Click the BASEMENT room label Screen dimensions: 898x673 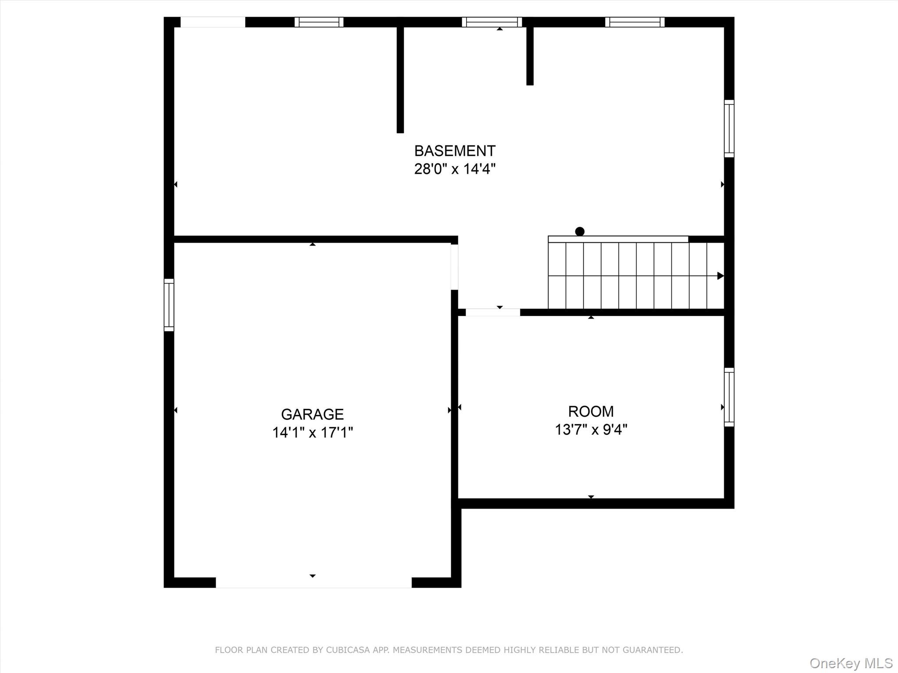pos(455,151)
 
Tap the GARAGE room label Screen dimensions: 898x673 pos(312,414)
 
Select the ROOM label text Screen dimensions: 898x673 pos(591,411)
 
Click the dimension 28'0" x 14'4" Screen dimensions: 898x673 pos(455,169)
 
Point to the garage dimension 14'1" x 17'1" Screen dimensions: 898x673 pos(312,432)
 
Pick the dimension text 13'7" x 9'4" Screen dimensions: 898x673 pos(591,429)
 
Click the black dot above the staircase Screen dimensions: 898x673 pos(580,231)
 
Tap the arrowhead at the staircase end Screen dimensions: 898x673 pos(720,276)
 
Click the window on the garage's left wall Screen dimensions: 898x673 pos(169,305)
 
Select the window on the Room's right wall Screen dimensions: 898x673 pos(729,397)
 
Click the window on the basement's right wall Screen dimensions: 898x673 pos(729,128)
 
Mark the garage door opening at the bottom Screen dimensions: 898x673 pos(314,583)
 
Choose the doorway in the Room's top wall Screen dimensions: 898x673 pos(493,312)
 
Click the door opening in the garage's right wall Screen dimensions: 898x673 pos(455,267)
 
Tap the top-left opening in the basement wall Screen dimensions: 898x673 pos(213,22)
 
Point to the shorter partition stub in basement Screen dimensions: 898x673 pos(530,56)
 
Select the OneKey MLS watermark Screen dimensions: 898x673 pos(851,663)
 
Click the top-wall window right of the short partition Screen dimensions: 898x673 pos(635,22)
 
